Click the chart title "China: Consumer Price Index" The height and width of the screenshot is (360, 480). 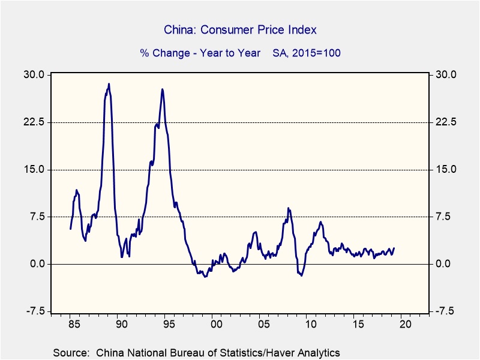(x=240, y=29)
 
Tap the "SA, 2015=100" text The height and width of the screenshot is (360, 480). (x=307, y=53)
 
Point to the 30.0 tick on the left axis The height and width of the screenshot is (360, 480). (x=34, y=75)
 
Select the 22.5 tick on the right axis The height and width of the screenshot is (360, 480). (x=446, y=122)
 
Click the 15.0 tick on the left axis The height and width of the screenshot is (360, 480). (x=34, y=169)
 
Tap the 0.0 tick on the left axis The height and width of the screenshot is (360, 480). (x=36, y=264)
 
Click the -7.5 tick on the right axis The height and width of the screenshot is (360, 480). (x=446, y=311)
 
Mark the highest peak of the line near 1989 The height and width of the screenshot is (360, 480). (x=109, y=84)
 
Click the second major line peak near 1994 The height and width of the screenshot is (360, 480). (x=162, y=89)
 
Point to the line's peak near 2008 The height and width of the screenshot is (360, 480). (x=288, y=208)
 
